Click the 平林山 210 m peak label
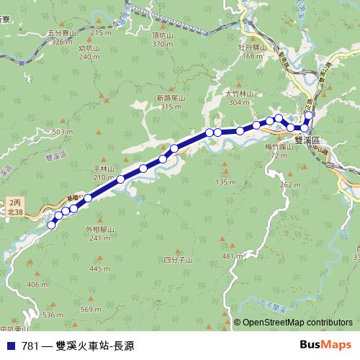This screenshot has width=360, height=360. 104,173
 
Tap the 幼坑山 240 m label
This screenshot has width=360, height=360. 88,53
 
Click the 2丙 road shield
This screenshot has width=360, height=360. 14,203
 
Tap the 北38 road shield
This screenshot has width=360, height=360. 14,213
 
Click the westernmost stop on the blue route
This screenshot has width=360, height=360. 51,225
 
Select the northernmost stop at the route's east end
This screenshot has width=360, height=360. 310,115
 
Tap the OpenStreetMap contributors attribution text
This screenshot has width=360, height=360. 297,323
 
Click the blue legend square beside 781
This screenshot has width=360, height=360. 11,346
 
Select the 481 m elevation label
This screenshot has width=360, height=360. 230,256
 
